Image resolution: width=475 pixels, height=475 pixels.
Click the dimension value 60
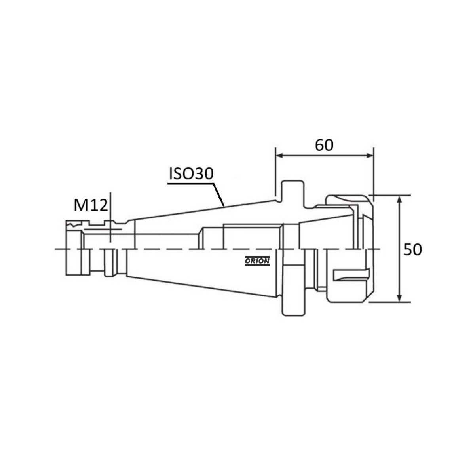(x=324, y=145)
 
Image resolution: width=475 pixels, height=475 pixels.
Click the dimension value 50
(x=412, y=249)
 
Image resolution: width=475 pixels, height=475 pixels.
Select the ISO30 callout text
(x=191, y=173)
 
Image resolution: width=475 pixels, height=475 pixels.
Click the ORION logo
(x=257, y=261)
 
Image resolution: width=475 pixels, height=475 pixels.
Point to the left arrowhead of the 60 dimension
(x=280, y=156)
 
